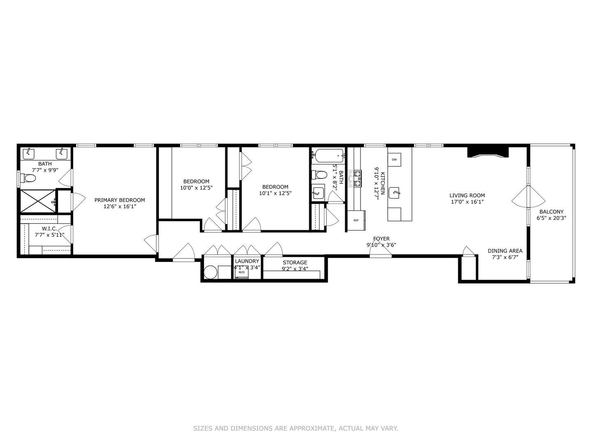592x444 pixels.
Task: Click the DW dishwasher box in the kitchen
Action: (x=394, y=160)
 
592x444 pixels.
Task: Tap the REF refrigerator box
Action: (x=356, y=220)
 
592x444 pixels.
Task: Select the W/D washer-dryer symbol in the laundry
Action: (x=241, y=272)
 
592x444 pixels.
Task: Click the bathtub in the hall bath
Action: (x=328, y=155)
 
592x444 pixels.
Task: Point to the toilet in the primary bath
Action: (x=29, y=178)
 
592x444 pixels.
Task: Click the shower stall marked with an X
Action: (x=37, y=201)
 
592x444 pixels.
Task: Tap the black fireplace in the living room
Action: (x=488, y=151)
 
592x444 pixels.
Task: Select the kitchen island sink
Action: (x=395, y=192)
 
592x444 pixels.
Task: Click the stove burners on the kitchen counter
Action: (x=355, y=179)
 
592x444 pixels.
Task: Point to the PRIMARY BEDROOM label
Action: (x=120, y=200)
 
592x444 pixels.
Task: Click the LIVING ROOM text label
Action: (x=467, y=196)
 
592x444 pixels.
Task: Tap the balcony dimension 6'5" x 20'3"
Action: (x=551, y=218)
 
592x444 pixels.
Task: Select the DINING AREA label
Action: (x=505, y=251)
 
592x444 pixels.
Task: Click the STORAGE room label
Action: (x=295, y=263)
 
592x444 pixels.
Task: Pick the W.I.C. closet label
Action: (x=49, y=229)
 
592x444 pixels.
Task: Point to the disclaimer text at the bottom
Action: (x=296, y=428)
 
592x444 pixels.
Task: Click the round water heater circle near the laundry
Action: (x=210, y=272)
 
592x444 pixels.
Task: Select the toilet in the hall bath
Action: (x=319, y=175)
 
